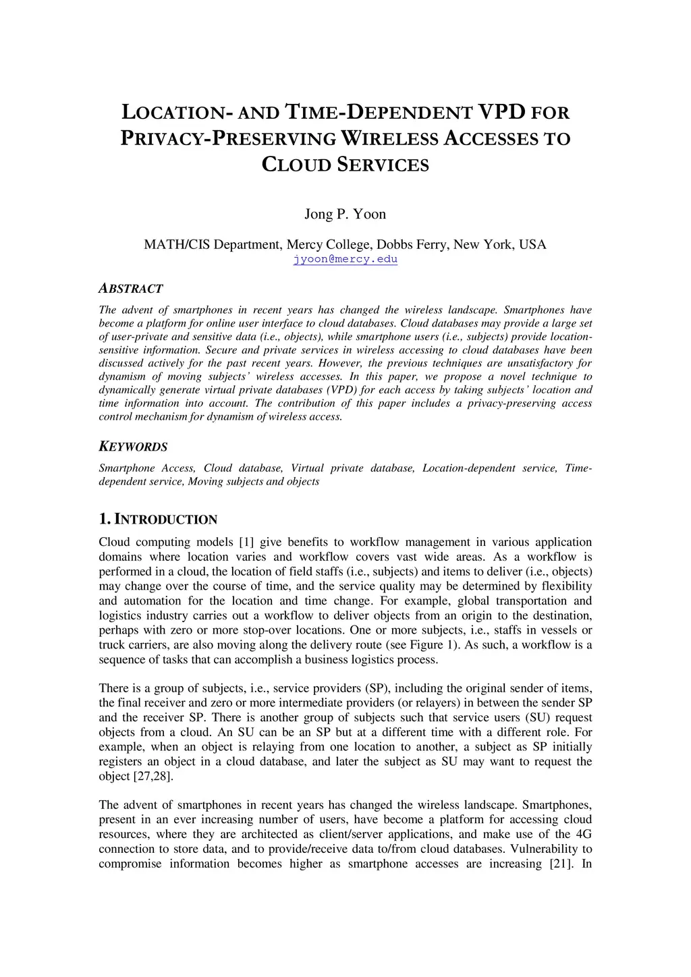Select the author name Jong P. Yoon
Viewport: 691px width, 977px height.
[x=345, y=215]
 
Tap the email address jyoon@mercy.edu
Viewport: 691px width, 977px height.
[x=345, y=259]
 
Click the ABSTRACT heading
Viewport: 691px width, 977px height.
[x=130, y=289]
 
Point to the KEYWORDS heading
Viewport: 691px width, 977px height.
[x=133, y=447]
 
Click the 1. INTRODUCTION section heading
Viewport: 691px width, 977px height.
[x=158, y=519]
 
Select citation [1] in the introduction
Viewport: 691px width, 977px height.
[x=246, y=542]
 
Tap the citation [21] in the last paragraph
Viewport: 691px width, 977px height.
[x=559, y=864]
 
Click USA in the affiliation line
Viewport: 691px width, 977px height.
[x=532, y=244]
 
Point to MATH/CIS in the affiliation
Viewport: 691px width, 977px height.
[x=176, y=244]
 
